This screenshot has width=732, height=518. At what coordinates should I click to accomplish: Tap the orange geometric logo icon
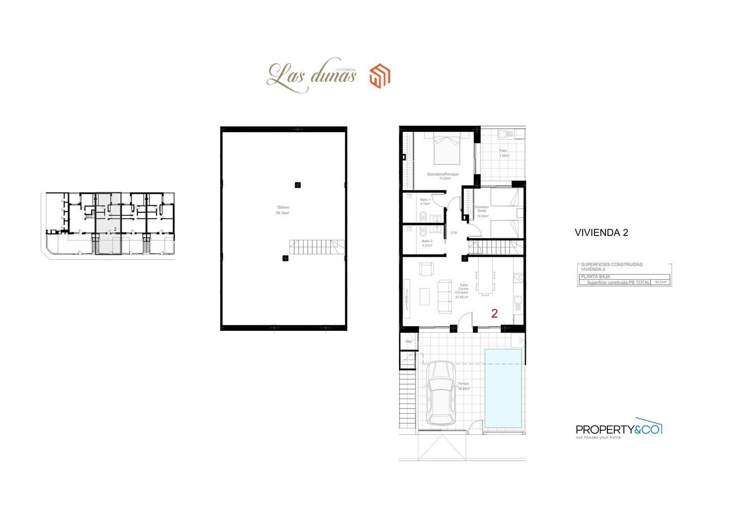(380, 76)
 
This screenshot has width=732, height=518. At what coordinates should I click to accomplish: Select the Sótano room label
(283, 210)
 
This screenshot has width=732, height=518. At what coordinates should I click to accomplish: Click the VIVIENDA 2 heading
(601, 233)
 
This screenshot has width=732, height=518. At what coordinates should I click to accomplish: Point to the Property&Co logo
(619, 430)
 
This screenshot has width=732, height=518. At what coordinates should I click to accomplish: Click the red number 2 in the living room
(494, 313)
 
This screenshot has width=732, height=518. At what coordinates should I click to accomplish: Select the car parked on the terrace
(440, 392)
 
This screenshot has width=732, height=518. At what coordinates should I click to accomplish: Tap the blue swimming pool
(503, 388)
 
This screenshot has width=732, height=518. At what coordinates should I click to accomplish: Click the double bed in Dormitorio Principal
(447, 149)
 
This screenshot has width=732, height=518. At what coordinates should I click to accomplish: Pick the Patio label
(503, 151)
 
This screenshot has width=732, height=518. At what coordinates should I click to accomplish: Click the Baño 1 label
(425, 199)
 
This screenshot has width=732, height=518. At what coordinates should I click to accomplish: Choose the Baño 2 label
(427, 241)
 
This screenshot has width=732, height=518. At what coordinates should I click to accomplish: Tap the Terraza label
(463, 384)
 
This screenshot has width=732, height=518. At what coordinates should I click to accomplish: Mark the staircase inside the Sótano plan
(316, 248)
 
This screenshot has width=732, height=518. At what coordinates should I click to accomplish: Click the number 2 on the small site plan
(115, 229)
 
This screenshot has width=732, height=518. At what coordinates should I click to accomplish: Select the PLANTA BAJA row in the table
(624, 276)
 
